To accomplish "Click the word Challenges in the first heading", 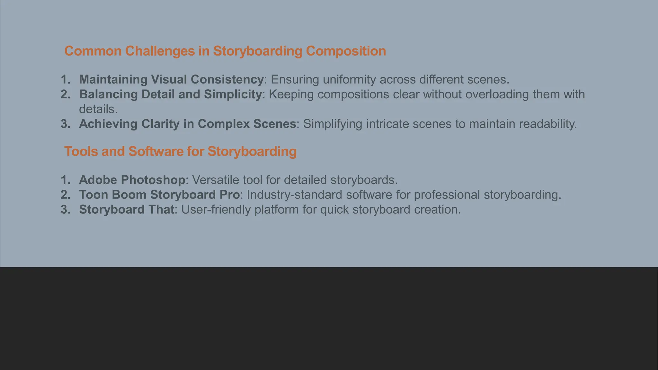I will click(x=160, y=51).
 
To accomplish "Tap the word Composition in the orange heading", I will click(x=346, y=51).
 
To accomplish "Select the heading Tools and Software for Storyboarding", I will click(x=180, y=151).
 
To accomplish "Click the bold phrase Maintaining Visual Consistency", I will click(x=171, y=79).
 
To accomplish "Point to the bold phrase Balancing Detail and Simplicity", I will click(x=170, y=94).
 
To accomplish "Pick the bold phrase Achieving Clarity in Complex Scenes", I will click(x=187, y=124).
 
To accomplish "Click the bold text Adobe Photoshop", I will click(x=132, y=180).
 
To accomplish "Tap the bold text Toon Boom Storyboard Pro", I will click(x=159, y=195).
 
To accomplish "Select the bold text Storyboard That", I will click(x=127, y=209).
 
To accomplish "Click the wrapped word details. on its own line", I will click(x=98, y=109).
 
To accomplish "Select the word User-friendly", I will click(x=216, y=209).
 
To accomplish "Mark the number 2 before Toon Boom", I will click(x=65, y=195).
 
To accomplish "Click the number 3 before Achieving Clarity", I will click(x=65, y=124).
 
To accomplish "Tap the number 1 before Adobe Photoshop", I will click(x=65, y=180).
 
